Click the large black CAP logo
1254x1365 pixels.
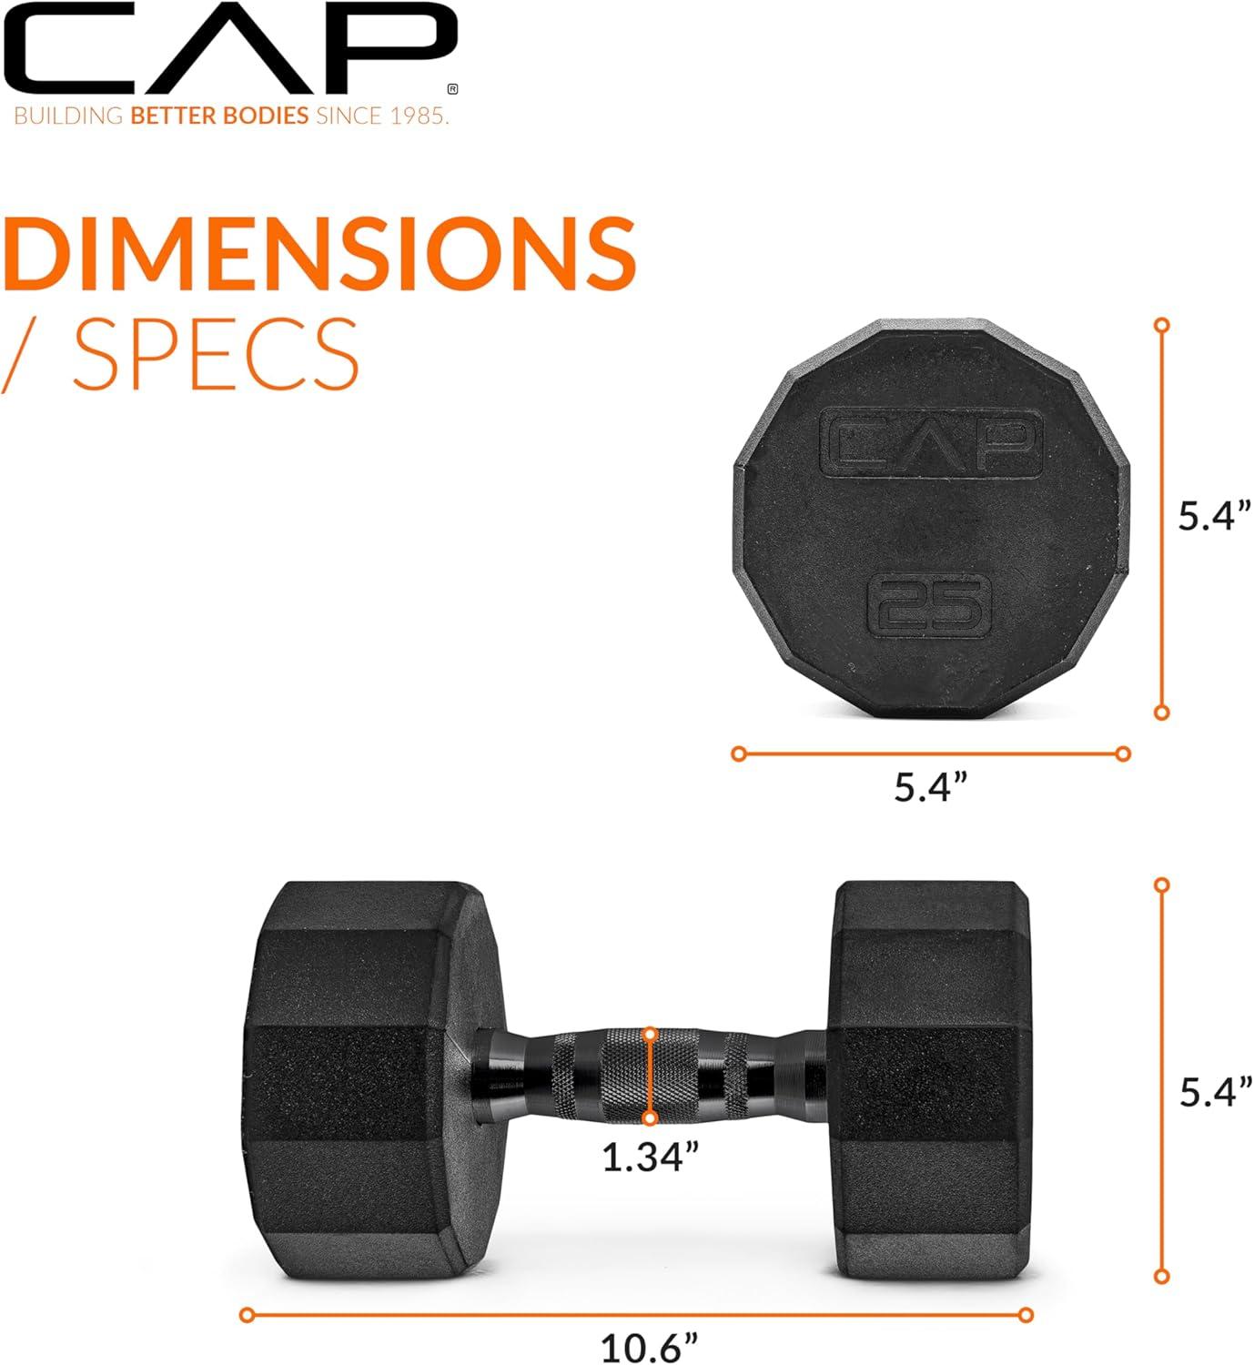click(x=229, y=50)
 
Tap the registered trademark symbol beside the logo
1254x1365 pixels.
click(x=452, y=89)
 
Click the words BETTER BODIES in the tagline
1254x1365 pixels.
click(x=219, y=116)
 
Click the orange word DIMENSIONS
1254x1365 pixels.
click(x=320, y=252)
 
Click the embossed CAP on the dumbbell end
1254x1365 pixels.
click(x=931, y=442)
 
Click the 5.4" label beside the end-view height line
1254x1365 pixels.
click(x=1215, y=516)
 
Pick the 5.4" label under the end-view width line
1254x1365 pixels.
click(x=931, y=787)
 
